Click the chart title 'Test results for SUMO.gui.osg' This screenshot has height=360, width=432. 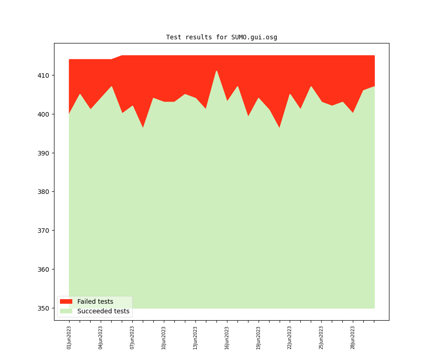[x=221, y=38]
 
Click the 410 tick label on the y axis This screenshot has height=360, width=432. [x=44, y=75]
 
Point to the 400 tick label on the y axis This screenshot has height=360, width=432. [x=44, y=114]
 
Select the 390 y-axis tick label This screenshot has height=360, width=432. [x=44, y=153]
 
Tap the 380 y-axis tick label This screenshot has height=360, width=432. [x=44, y=192]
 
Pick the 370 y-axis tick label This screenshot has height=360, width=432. [x=44, y=231]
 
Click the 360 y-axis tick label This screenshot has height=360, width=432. [x=44, y=269]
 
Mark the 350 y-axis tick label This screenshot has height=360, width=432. [x=44, y=308]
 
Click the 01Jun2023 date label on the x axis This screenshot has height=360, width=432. [x=69, y=338]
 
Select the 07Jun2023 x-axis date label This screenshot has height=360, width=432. [x=132, y=338]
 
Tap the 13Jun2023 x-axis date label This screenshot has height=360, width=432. [x=195, y=338]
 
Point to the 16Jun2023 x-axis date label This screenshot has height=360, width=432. [x=227, y=338]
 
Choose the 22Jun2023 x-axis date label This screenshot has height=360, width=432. [x=290, y=338]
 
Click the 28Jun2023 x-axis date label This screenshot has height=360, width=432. [x=353, y=338]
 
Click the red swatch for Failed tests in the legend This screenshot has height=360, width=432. [x=66, y=301]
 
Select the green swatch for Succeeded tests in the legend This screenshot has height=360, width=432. [x=66, y=311]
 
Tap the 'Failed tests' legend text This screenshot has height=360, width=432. [x=95, y=301]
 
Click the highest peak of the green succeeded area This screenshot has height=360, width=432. [x=216, y=71]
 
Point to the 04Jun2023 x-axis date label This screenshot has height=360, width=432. [x=101, y=338]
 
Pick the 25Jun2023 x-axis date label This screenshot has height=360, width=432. [x=322, y=338]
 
